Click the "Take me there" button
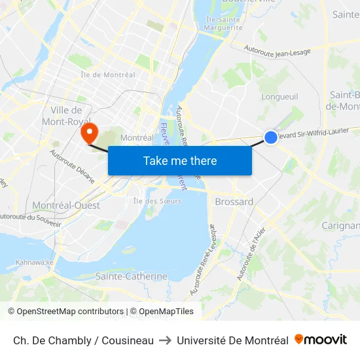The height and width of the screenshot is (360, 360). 180,160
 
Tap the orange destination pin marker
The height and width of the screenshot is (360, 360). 87,133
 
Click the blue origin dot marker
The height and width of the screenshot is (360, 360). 270,137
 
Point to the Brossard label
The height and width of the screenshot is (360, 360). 234,202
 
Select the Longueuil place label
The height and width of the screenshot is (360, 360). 279,97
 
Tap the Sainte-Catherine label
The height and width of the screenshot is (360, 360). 132,276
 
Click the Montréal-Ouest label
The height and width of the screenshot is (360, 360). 66,206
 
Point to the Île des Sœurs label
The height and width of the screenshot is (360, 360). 157,201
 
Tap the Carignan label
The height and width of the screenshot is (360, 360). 341,226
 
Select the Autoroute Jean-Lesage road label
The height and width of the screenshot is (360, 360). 279,49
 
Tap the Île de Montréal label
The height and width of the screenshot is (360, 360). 107,75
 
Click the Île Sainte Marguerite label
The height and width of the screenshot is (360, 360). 223,24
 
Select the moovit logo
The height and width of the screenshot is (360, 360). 320,340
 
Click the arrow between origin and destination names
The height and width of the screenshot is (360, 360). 165,340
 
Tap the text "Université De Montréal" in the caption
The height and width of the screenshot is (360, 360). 232,340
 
